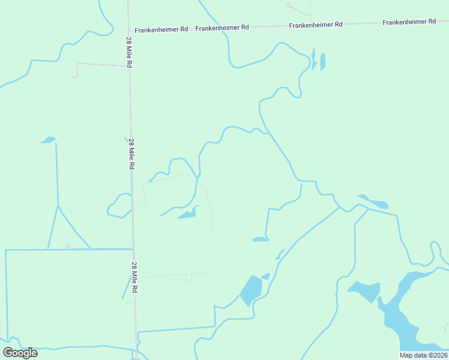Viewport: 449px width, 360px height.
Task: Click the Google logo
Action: pyautogui.click(x=20, y=352)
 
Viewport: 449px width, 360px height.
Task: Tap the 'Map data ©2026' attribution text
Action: pyautogui.click(x=423, y=355)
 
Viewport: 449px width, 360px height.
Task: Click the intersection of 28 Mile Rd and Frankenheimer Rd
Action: pyautogui.click(x=128, y=30)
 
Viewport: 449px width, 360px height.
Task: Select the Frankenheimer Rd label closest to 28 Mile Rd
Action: pyautogui.click(x=161, y=29)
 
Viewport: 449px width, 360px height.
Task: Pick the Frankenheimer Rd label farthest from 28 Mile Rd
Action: pyautogui.click(x=409, y=22)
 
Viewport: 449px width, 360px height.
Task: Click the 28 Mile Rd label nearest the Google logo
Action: pyautogui.click(x=135, y=277)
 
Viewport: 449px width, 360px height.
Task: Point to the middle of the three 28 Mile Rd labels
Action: pyautogui.click(x=131, y=154)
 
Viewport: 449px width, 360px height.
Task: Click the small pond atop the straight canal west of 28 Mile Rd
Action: pyautogui.click(x=48, y=140)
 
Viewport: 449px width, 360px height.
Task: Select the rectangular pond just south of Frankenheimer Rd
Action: pyautogui.click(x=323, y=61)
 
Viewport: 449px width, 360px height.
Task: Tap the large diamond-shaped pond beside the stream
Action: pyautogui.click(x=251, y=290)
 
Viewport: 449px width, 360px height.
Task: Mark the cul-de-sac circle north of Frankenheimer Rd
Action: pyautogui.click(x=289, y=5)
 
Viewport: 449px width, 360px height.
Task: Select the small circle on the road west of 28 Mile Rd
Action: pyautogui.click(x=68, y=246)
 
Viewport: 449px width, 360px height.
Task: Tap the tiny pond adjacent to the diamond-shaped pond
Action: pyautogui.click(x=266, y=276)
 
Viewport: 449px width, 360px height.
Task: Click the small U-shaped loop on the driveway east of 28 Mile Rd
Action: pyautogui.click(x=188, y=277)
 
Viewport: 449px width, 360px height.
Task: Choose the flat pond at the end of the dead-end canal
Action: pyautogui.click(x=261, y=239)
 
